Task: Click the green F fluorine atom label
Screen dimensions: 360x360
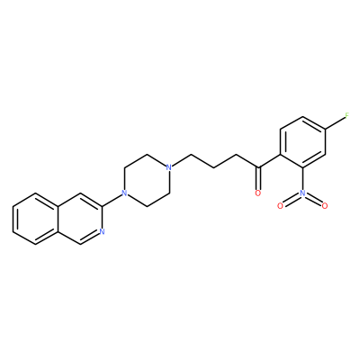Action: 347,116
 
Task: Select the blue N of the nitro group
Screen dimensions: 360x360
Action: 303,193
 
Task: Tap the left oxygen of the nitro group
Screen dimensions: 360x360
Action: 280,206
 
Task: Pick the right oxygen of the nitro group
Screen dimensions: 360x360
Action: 325,206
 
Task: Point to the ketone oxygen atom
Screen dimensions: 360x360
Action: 258,193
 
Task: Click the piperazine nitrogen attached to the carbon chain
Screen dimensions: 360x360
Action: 168,166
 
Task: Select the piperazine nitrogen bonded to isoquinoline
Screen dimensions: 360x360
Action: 123,193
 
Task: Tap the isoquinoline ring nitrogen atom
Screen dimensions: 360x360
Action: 102,231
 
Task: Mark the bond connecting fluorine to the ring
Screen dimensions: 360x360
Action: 335,123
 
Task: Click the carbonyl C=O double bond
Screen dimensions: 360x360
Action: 258,178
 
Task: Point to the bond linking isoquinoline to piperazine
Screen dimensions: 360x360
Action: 111,200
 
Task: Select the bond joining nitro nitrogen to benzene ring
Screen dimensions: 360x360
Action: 303,178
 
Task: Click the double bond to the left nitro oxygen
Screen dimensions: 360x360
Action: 292,200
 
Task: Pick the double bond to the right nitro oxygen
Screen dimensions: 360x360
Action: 314,200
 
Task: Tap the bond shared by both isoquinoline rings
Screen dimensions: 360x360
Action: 57,219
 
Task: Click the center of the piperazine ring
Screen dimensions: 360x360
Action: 146,180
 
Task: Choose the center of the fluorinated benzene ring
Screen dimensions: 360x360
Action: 303,142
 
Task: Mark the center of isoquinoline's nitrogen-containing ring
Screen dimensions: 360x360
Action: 79,219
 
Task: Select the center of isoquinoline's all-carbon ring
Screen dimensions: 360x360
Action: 35,219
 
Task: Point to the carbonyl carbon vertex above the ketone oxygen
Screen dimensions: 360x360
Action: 258,166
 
